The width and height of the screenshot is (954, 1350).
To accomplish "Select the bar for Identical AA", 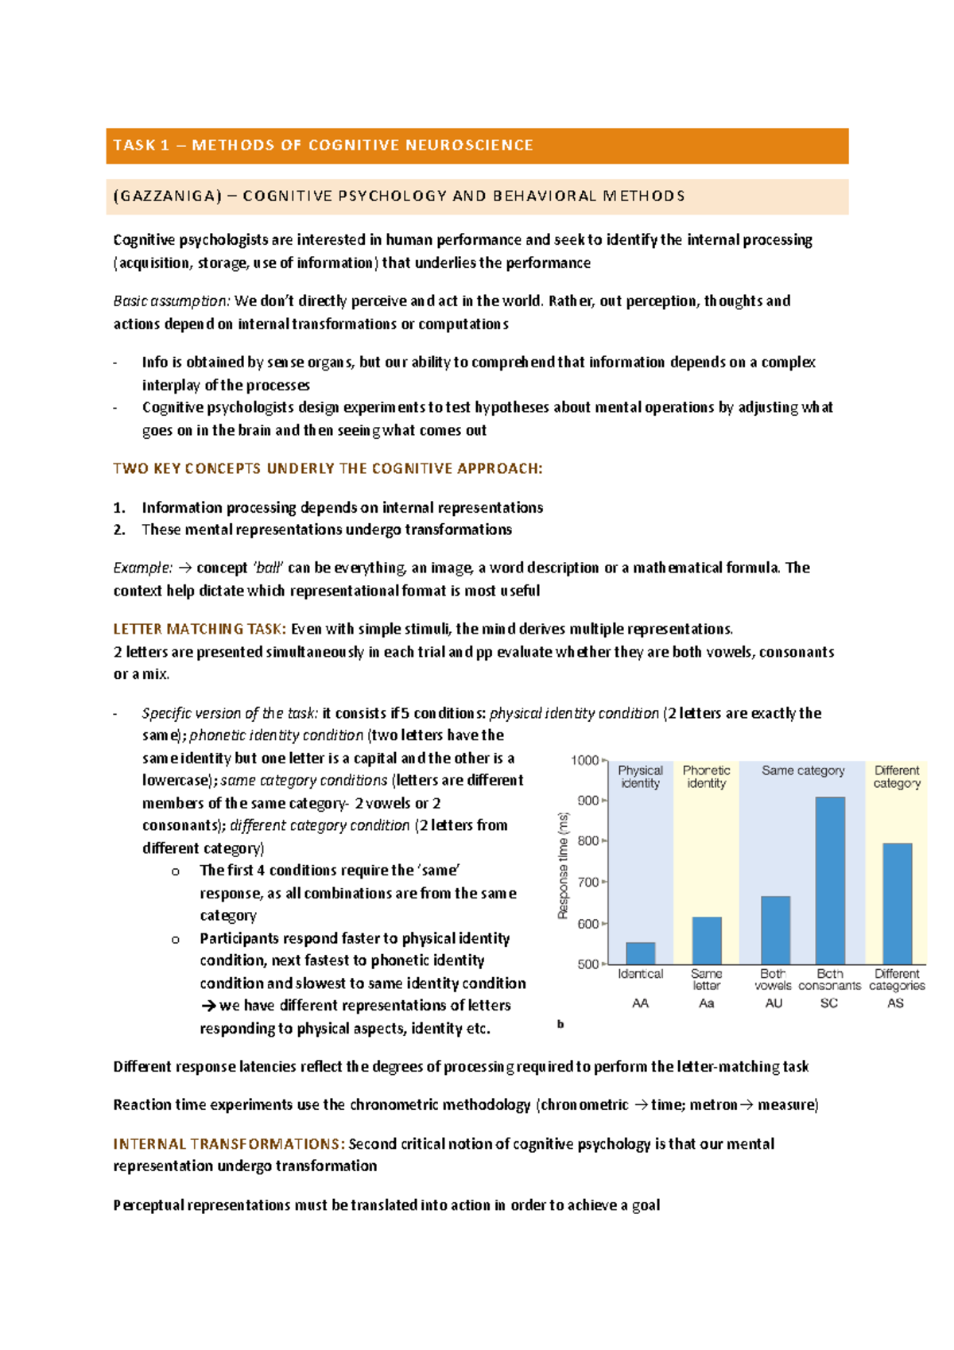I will (x=640, y=952).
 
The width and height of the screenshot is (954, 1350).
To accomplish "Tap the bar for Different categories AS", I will (x=897, y=903).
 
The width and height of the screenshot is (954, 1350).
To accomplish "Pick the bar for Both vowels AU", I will (x=775, y=929).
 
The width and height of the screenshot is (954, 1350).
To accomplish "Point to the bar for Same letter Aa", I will (x=706, y=940).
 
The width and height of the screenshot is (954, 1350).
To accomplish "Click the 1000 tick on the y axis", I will (x=585, y=760).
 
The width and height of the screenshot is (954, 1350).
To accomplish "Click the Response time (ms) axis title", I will (x=563, y=865).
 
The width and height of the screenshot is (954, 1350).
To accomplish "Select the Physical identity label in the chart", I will (x=640, y=777).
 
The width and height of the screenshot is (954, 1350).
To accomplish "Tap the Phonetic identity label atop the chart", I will (x=706, y=777).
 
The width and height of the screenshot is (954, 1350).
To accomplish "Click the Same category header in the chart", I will (x=803, y=770).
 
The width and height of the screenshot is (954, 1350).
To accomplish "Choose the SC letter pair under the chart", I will (x=829, y=1003).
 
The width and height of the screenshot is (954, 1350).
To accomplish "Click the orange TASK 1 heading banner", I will (x=477, y=145).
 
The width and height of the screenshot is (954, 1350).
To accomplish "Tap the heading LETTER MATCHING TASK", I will (x=199, y=629).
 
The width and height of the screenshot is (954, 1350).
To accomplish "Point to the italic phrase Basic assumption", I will (x=172, y=301).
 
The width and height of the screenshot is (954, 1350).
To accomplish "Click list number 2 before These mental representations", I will (x=119, y=530).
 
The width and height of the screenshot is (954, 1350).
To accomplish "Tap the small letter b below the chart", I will (x=560, y=1024).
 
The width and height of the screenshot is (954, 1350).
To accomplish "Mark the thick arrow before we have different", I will (x=208, y=1006).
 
